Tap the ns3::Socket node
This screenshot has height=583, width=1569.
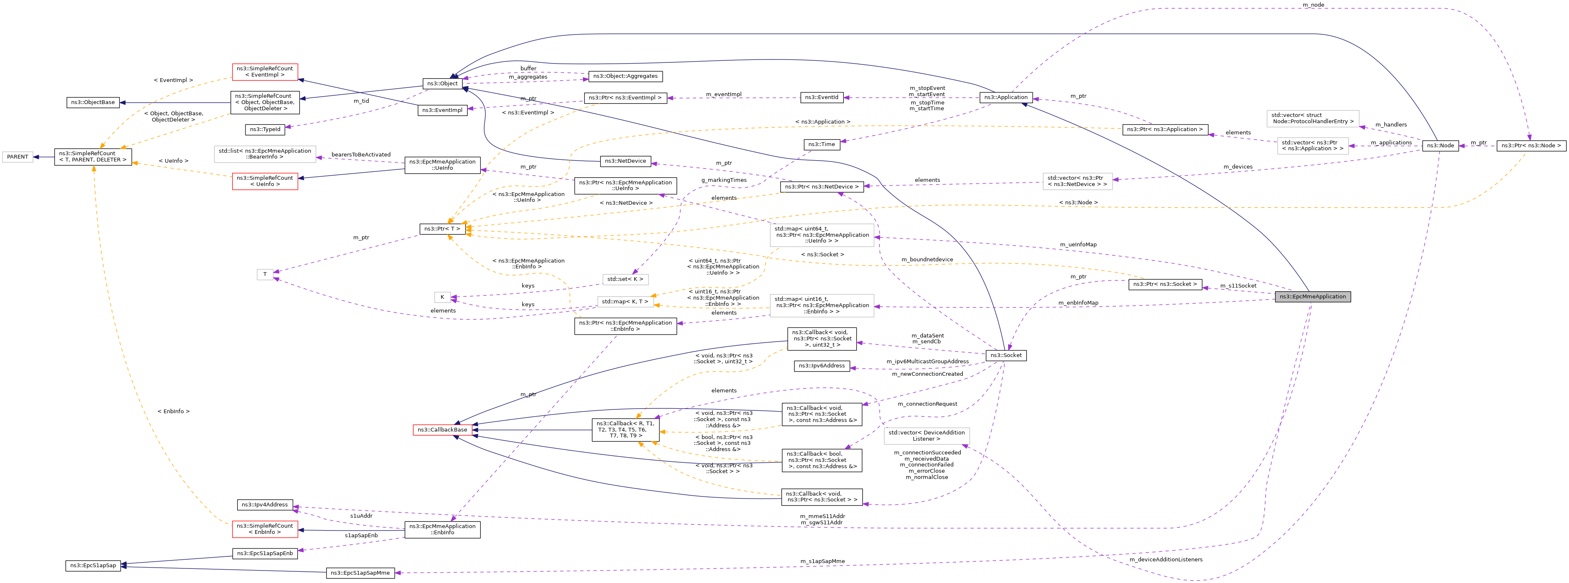click(1006, 355)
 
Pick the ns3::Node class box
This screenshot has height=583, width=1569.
click(1440, 146)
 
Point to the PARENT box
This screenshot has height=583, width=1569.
click(17, 157)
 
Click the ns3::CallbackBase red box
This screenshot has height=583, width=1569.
click(442, 430)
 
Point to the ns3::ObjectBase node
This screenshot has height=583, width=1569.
click(93, 102)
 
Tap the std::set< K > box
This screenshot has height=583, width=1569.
click(625, 279)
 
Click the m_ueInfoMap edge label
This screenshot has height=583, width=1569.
click(1078, 244)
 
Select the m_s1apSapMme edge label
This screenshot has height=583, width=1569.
click(822, 561)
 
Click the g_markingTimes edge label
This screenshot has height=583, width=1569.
click(724, 180)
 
